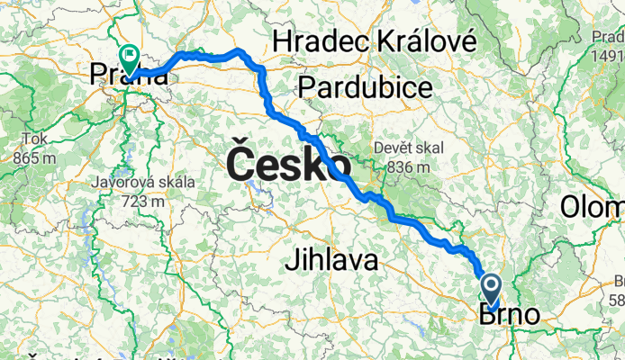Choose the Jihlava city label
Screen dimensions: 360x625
[330, 261]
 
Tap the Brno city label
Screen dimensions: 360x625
[510, 315]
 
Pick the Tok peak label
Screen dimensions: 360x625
[33, 140]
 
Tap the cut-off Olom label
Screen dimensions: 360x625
[593, 206]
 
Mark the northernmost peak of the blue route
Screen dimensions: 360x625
[239, 50]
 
